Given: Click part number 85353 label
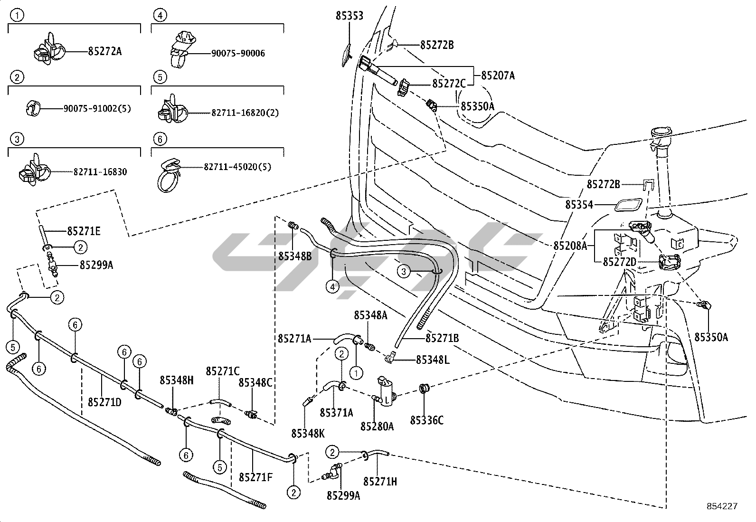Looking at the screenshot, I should (x=350, y=16).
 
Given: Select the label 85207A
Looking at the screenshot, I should (x=498, y=76).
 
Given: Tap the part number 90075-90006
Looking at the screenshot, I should (x=238, y=53).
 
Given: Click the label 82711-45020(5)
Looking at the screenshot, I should (x=237, y=167).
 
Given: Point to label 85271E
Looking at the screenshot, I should (x=84, y=231).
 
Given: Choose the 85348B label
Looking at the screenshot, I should (x=294, y=256).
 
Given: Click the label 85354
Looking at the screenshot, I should (x=579, y=205).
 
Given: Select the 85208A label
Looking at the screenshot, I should (x=570, y=246).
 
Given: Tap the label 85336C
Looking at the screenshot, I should (x=427, y=420).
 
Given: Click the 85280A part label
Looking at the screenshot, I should (x=377, y=426).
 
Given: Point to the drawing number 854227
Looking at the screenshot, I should (x=721, y=506).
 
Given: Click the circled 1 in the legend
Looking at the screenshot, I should (x=17, y=15).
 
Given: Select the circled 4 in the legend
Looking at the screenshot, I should (x=160, y=15).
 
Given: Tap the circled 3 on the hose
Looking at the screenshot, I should (x=403, y=271).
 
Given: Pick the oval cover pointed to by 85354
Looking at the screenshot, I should (x=629, y=205).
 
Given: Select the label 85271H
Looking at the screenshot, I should (x=380, y=481).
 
